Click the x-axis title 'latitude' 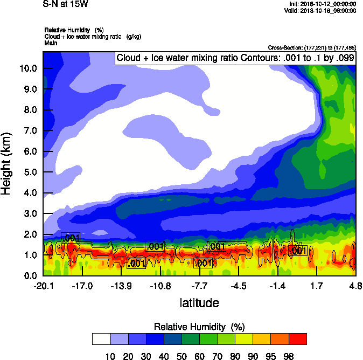[199, 303]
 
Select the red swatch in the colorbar [298, 339]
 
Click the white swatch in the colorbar [101, 339]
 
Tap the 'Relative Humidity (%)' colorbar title [199, 327]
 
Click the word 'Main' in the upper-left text [51, 42]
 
